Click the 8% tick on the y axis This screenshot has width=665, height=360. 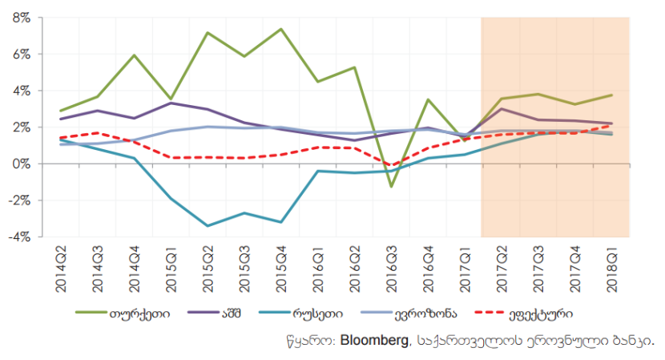coord(19,18)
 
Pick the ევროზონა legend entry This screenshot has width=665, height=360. coord(444,313)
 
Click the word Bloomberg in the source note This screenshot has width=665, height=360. coord(373,340)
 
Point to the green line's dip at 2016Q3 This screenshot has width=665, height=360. coord(392,187)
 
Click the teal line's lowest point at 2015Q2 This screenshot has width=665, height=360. coord(208,226)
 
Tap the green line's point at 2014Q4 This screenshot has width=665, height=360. coord(134,55)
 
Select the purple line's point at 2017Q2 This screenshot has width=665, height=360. coord(502,108)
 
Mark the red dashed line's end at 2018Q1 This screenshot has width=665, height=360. coord(611,125)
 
